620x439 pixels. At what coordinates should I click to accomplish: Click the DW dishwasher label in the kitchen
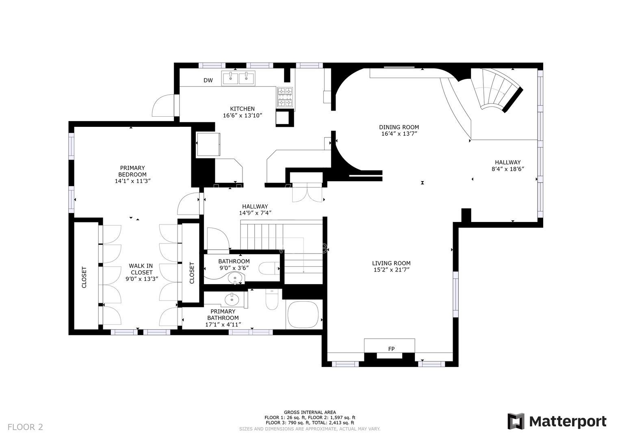[x=208, y=80]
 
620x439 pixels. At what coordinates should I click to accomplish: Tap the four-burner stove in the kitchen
[x=285, y=97]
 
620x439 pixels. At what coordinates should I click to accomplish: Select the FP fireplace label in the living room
[x=391, y=349]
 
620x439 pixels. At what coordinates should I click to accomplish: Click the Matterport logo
[x=557, y=422]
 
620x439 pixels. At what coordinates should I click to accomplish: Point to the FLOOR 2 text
[x=25, y=427]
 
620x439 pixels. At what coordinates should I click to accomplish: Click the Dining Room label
[x=399, y=127]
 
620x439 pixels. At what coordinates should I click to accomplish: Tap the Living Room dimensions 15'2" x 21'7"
[x=391, y=270]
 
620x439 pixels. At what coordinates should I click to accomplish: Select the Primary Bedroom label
[x=132, y=171]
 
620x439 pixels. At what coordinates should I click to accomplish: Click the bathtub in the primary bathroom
[x=303, y=315]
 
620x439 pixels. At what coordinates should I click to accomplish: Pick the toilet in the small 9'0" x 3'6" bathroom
[x=269, y=268]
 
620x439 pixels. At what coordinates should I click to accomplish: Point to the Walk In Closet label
[x=141, y=269]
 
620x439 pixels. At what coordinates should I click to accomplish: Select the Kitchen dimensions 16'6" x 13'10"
[x=243, y=115]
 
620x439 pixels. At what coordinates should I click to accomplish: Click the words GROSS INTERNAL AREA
[x=310, y=413]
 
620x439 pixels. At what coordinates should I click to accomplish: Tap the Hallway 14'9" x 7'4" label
[x=255, y=210]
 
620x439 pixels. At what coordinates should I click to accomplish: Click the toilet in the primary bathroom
[x=271, y=300]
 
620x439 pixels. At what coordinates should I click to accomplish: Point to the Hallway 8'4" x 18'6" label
[x=508, y=165]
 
